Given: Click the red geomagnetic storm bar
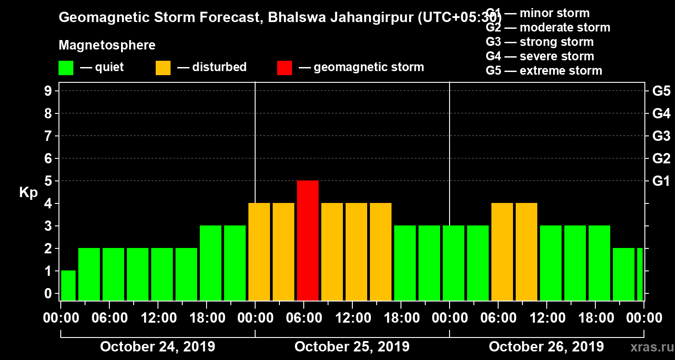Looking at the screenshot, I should (x=308, y=240).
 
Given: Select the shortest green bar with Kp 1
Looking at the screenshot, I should (x=68, y=285).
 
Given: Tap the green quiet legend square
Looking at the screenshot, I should (x=66, y=68).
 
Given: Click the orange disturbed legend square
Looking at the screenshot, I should (x=163, y=68).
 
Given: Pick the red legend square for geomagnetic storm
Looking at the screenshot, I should (x=284, y=68).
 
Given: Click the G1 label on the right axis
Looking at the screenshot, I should (x=661, y=181).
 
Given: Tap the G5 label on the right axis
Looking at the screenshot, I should (x=661, y=91).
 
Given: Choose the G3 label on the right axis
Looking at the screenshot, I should (x=661, y=136).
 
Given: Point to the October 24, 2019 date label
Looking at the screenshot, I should (x=157, y=347).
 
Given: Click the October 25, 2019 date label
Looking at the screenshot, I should (x=352, y=347).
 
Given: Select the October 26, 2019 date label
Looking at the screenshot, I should (x=546, y=347).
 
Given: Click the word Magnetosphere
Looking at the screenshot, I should (x=107, y=45).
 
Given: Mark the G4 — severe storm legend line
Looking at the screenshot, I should (x=540, y=56).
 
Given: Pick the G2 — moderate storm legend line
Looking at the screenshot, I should (x=548, y=27).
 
